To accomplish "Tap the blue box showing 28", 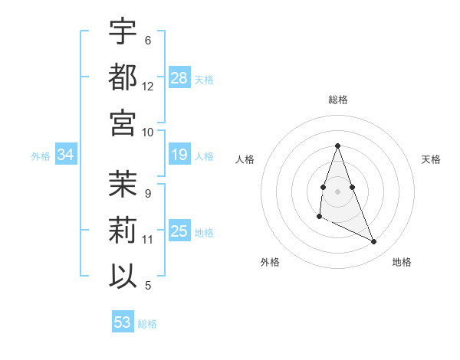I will (x=179, y=77).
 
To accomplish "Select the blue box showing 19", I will (x=179, y=155).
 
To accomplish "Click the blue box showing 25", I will (x=179, y=231).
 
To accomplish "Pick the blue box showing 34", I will (x=65, y=155).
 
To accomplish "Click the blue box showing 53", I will (x=123, y=322).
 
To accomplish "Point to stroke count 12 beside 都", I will (x=148, y=87).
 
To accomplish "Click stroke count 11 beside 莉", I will (x=148, y=240).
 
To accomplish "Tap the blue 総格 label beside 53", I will (x=147, y=324).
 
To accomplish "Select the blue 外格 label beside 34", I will (x=41, y=156).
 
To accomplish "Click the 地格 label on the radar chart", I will (x=402, y=262).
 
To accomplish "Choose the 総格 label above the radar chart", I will (x=337, y=100).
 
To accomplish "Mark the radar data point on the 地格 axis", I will (x=374, y=242).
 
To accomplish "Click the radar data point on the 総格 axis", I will (x=337, y=146).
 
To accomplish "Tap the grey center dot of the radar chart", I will (x=337, y=191).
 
